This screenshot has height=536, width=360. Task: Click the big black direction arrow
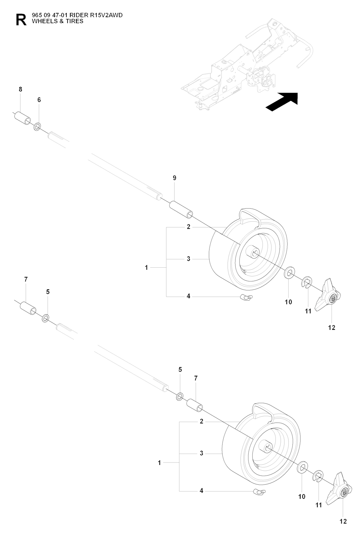tap(282, 102)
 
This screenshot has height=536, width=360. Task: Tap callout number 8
tap(20, 89)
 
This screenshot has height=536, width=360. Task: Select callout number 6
tap(39, 100)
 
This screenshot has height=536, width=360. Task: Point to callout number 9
tap(174, 178)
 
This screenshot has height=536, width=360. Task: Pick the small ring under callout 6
tap(38, 126)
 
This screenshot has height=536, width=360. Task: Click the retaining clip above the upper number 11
tap(307, 282)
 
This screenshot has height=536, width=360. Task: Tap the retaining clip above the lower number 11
tap(319, 475)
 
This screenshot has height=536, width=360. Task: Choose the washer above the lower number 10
tap(302, 468)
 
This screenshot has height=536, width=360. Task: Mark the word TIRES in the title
tap(76, 21)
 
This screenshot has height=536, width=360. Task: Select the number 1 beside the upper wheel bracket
tap(147, 268)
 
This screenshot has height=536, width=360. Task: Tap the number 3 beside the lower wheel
tap(201, 453)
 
